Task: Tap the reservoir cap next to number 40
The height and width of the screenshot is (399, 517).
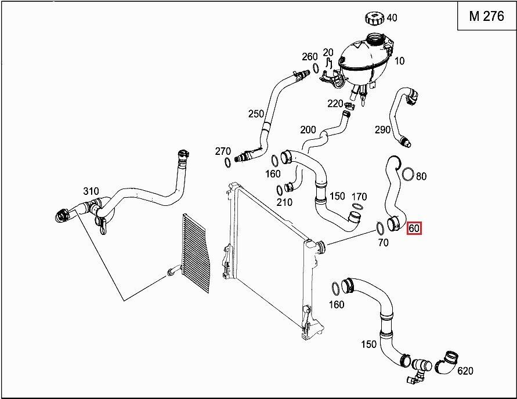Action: point(374,17)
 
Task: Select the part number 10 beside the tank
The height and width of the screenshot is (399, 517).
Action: point(400,61)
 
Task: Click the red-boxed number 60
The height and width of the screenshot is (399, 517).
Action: point(414,228)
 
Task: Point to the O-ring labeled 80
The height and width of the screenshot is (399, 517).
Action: point(408,173)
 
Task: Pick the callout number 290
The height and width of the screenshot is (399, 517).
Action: point(382,130)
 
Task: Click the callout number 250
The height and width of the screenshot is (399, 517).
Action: point(256,114)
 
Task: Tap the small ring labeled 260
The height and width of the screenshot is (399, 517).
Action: point(316,68)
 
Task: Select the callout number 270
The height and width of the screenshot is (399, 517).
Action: point(223,151)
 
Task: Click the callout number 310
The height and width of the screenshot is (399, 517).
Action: point(91,191)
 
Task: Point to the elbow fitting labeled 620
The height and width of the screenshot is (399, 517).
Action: point(449,361)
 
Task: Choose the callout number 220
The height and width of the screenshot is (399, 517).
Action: point(335,104)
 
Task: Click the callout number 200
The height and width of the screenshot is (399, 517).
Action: point(308,129)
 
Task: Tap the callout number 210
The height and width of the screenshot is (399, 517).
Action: point(284,202)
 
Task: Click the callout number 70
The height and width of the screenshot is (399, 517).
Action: point(383,242)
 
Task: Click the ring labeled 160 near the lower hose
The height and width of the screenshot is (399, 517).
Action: point(335,288)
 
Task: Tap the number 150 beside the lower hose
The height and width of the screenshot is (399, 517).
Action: point(368,344)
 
